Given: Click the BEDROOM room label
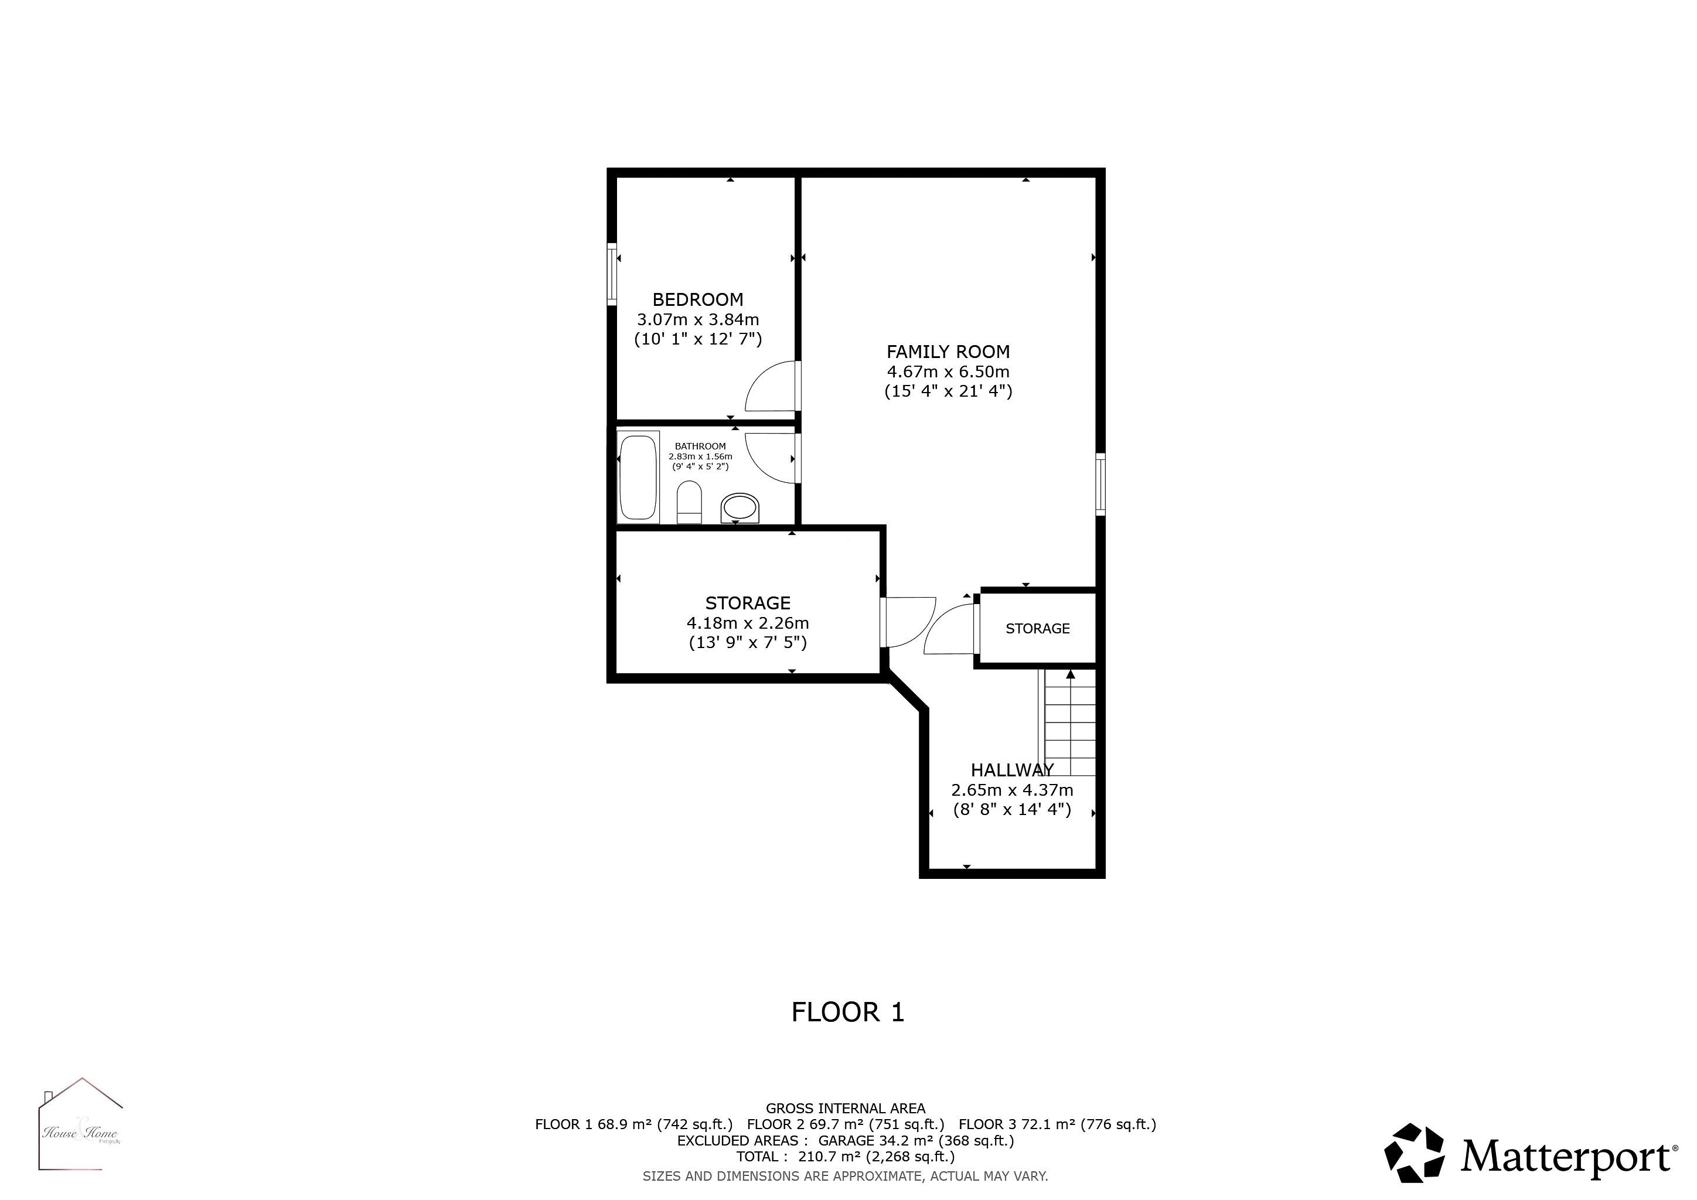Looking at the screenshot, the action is point(698,299).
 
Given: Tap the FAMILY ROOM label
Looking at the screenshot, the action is point(948,352).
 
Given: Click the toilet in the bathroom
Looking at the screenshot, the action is point(689,503).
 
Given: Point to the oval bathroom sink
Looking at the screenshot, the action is point(740,509).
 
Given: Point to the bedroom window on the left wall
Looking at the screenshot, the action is point(612,274).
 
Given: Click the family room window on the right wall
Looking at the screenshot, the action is point(1100,483).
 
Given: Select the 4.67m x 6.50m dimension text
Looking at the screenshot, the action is point(948,371).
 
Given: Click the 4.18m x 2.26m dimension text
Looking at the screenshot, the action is point(747,623).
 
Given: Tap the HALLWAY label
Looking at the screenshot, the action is point(1012,770).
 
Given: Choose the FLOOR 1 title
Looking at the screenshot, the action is point(848,1011).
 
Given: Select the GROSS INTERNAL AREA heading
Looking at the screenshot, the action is point(846,1109).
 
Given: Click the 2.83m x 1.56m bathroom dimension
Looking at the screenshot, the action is point(700,456).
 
